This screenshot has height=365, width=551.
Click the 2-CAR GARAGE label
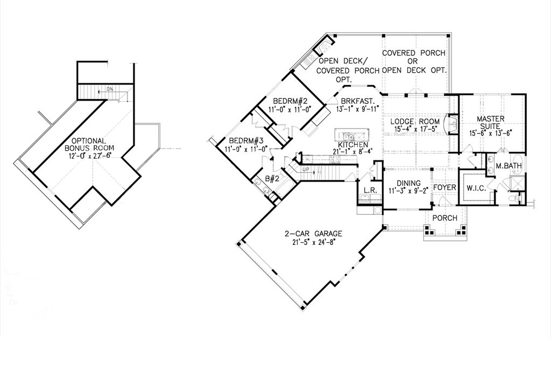314,234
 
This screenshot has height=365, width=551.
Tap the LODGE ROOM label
415,122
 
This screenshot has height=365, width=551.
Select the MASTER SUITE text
491,122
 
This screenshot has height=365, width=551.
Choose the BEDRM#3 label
246,142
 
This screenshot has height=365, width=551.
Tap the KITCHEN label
353,145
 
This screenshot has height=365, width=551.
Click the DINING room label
409,183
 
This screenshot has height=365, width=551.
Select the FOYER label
444,187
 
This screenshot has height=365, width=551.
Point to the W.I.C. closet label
476,188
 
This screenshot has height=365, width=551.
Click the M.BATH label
508,166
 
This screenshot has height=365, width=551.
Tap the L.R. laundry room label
370,190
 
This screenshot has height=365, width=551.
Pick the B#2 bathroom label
272,179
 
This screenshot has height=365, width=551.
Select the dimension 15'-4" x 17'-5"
415,129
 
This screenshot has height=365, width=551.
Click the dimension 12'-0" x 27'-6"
89,156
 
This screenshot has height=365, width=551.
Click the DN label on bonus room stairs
110,89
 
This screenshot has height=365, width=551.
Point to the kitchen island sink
348,136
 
